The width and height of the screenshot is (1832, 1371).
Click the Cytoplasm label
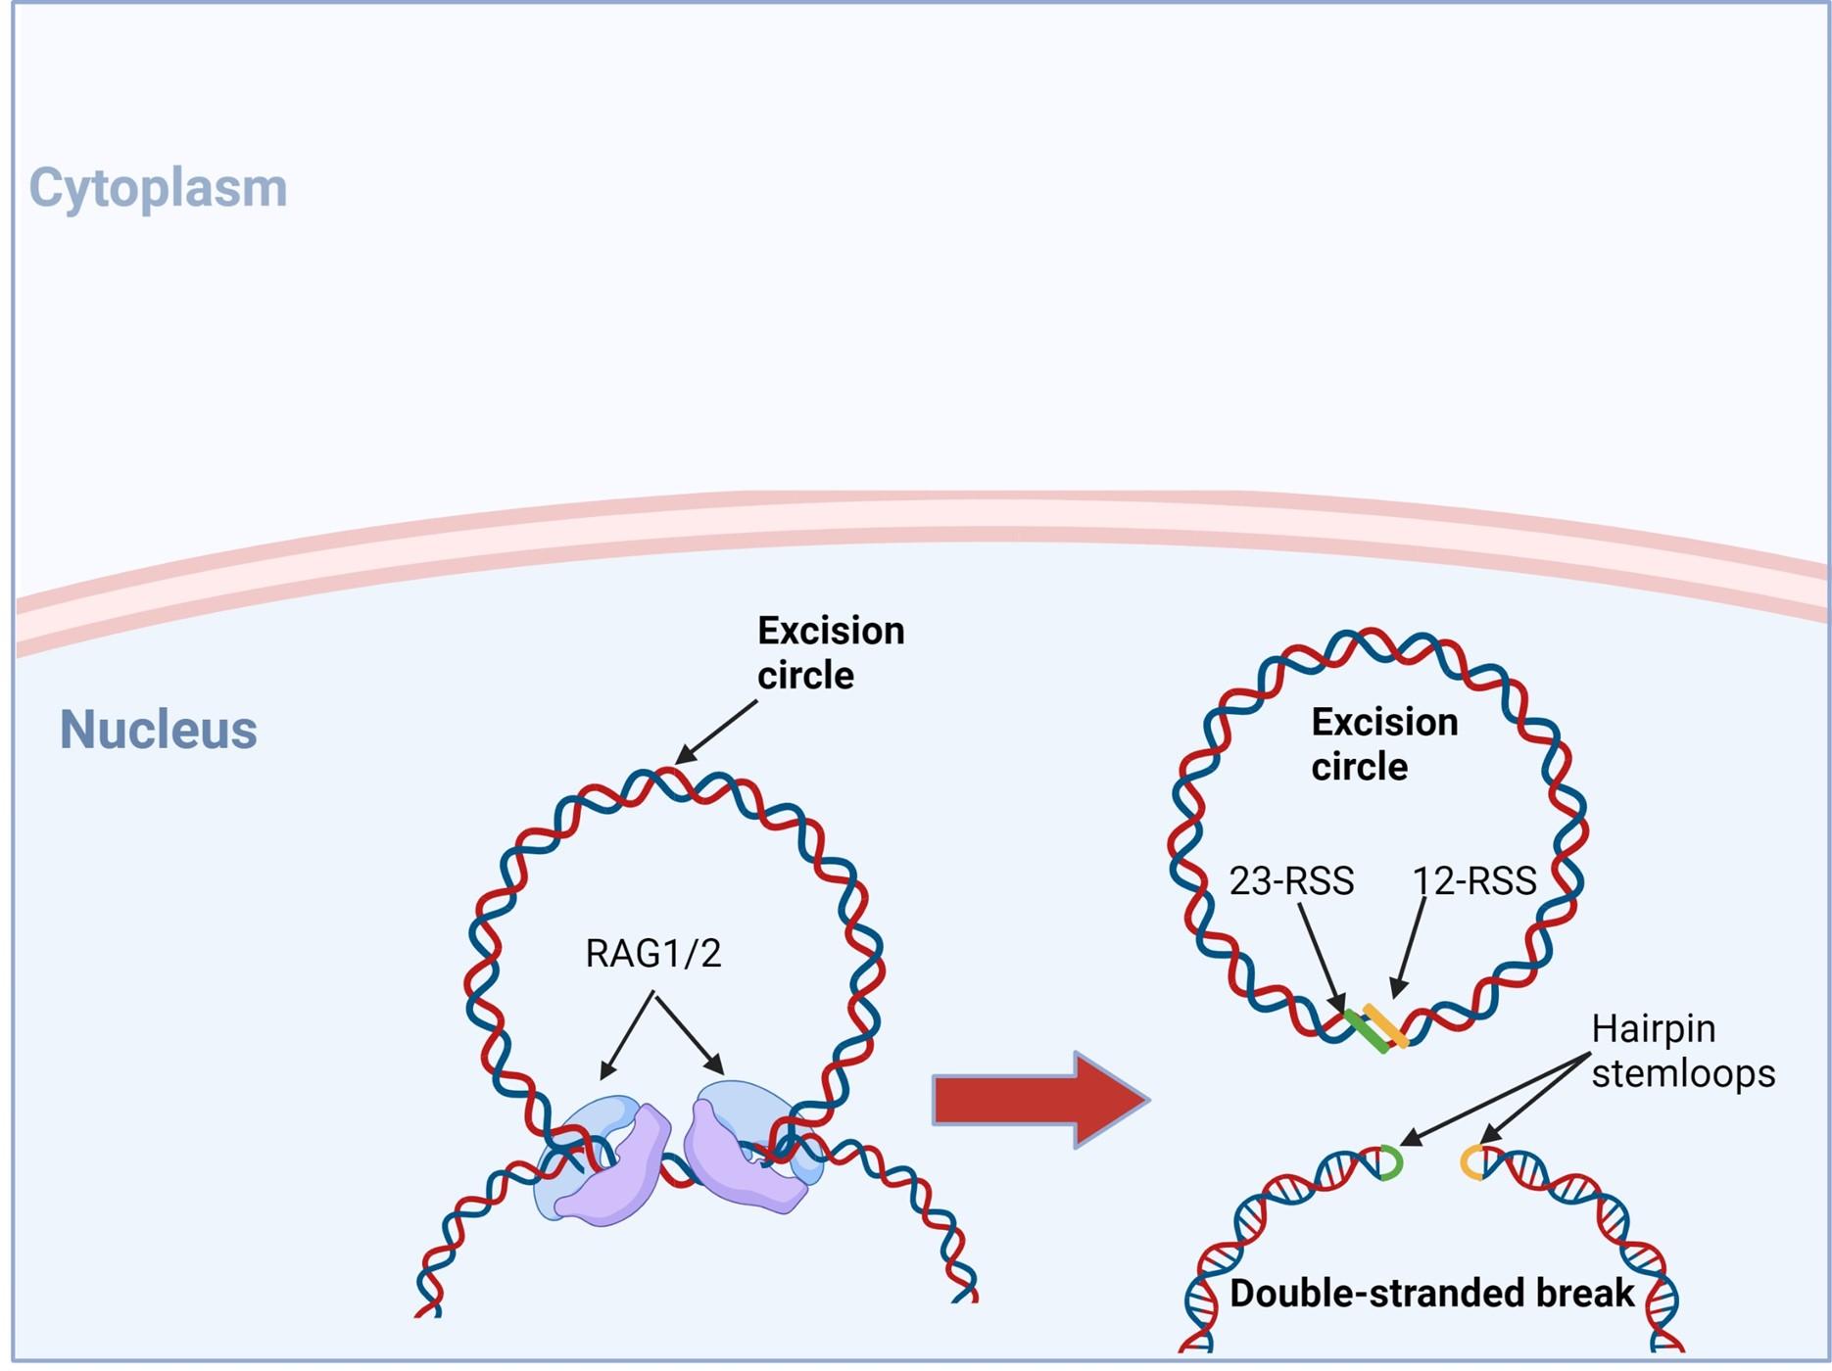coord(158,187)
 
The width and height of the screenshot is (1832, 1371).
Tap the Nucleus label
coord(159,730)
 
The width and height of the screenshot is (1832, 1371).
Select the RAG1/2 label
coord(653,954)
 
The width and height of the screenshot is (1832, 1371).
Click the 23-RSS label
coord(1291,881)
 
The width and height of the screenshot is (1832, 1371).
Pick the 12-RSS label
coord(1474,881)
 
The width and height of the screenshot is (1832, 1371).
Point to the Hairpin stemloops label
coord(1683,1051)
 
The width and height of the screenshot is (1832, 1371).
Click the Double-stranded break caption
coord(1431,1293)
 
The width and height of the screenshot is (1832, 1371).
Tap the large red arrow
coord(1040,1099)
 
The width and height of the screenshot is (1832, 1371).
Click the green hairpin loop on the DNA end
coord(1392,1162)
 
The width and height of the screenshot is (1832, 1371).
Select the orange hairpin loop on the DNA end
coord(1470,1162)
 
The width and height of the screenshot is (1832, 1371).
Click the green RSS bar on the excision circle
coord(1366,1032)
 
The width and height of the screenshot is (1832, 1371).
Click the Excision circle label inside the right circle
coord(1384,744)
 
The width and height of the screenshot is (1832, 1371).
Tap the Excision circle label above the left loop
coord(831,653)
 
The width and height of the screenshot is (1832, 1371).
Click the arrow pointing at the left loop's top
coord(716,732)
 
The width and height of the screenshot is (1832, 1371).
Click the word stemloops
coord(1683,1074)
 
